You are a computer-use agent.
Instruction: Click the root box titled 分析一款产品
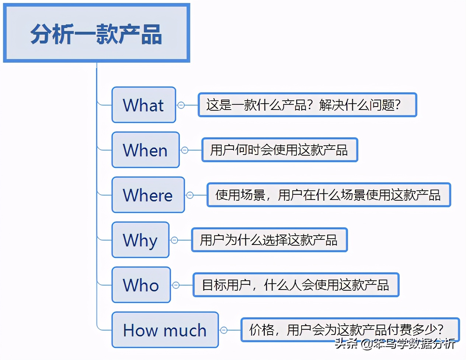[x=97, y=33]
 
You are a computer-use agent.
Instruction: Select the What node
[x=144, y=105]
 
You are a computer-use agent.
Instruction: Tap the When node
[x=146, y=150]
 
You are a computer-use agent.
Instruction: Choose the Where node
[x=148, y=195]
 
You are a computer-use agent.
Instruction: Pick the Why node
[x=140, y=240]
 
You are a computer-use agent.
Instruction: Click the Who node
[x=141, y=285]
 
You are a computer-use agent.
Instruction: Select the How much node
[x=165, y=330]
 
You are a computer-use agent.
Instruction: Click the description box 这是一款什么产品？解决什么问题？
[x=307, y=105]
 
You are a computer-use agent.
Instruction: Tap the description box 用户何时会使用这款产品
[x=280, y=150]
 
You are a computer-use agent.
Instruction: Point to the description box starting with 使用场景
[x=328, y=195]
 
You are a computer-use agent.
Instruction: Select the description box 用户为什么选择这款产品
[x=269, y=240]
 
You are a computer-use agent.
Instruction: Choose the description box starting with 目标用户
[x=296, y=285]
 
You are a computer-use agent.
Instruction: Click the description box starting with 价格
[x=349, y=329]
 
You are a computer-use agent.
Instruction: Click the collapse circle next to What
[x=181, y=105]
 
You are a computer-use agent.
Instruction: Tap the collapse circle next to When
[x=185, y=150]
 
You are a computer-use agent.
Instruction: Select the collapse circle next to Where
[x=190, y=195]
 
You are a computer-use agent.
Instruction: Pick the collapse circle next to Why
[x=174, y=240]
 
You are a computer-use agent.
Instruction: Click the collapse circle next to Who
[x=176, y=285]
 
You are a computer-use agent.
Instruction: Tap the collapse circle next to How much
[x=224, y=330]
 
